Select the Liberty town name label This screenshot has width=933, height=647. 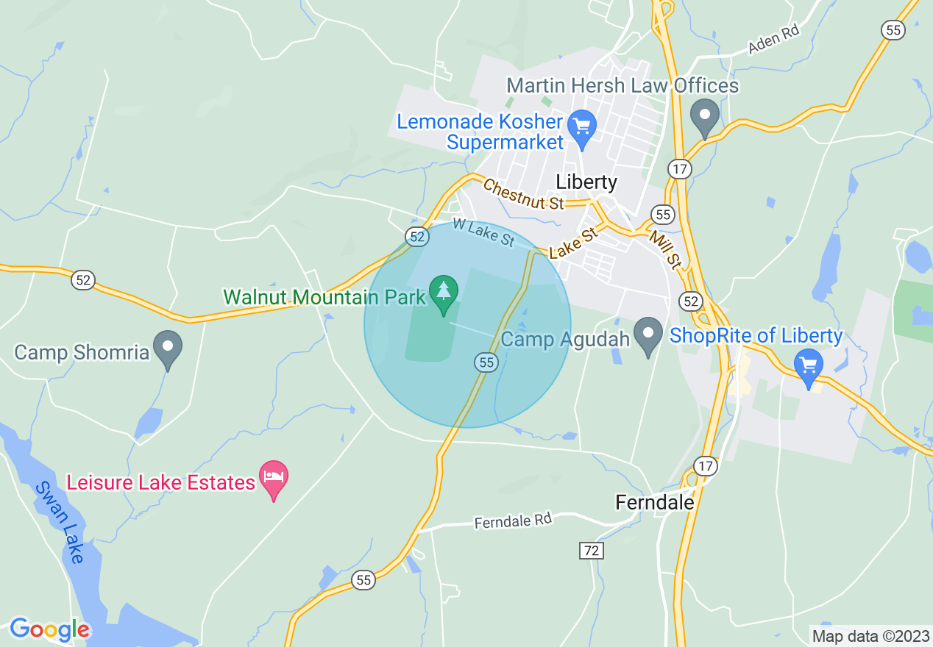[x=586, y=182]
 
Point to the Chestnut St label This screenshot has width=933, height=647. [x=523, y=195]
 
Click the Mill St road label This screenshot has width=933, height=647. [x=664, y=248]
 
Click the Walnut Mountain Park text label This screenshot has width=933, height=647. [x=324, y=297]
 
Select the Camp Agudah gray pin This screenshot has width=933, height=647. [x=648, y=335]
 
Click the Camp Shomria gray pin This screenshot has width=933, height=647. [x=168, y=347]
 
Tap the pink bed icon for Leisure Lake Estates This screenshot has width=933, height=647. [x=274, y=478]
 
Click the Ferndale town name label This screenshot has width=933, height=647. [x=654, y=502]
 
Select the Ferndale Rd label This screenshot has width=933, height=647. [x=513, y=521]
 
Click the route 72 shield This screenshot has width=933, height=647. [x=591, y=550]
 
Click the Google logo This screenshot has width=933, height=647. [x=49, y=629]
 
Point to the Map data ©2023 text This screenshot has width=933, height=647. [x=870, y=636]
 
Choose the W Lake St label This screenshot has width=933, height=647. [x=483, y=232]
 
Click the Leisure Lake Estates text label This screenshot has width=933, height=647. [x=160, y=482]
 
